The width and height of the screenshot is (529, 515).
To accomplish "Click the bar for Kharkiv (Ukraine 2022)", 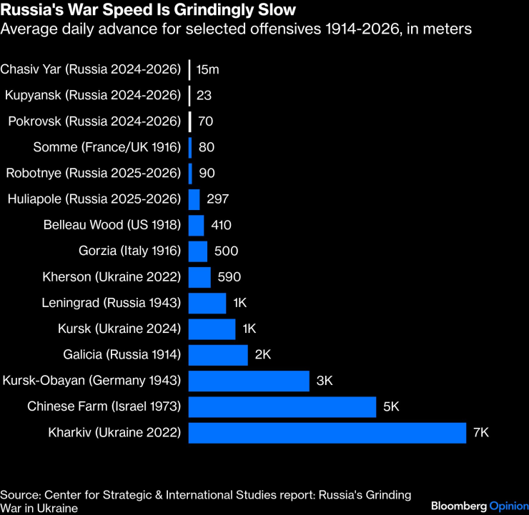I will [327, 433].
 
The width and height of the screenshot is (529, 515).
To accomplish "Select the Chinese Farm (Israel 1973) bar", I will [282, 407].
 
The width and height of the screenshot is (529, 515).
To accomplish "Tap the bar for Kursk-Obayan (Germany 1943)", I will [249, 381].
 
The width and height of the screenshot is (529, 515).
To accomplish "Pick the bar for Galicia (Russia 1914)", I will [218, 355].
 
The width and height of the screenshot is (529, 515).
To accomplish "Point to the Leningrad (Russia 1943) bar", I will [207, 303].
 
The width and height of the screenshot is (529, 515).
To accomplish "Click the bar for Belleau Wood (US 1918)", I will [196, 226].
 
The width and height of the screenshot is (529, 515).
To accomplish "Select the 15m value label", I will [207, 70].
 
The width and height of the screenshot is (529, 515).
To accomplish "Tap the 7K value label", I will [482, 433].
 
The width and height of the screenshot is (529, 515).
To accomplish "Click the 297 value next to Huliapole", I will [217, 199].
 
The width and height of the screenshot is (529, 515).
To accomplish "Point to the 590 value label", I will [228, 277].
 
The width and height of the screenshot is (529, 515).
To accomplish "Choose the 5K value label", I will [391, 407].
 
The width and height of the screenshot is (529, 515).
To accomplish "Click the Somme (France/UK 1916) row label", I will [107, 148].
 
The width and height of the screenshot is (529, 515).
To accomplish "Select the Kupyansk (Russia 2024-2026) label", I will [92, 96].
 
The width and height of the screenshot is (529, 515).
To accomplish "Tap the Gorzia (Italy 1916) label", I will [129, 251].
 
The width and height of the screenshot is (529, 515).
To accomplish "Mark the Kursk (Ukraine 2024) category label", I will [119, 329].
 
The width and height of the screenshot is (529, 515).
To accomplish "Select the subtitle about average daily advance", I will [236, 30].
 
